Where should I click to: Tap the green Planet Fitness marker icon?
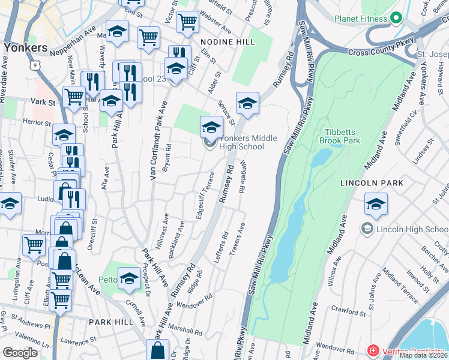pyautogui.click(x=396, y=19)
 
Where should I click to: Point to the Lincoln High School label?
pyautogui.click(x=412, y=229)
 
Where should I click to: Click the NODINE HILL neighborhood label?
pyautogui.click(x=228, y=42)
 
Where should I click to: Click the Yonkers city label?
pyautogui.click(x=25, y=47)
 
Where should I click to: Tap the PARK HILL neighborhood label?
pyautogui.click(x=111, y=322)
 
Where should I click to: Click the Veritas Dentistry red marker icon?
pyautogui.click(x=373, y=350)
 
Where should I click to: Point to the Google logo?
pyautogui.click(x=20, y=352)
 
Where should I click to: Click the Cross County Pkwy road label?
pyautogui.click(x=378, y=53)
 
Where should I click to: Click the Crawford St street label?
pyautogui.click(x=348, y=313)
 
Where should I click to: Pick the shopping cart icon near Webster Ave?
pyautogui.click(x=188, y=22)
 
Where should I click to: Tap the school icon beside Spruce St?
pyautogui.click(x=247, y=103)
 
